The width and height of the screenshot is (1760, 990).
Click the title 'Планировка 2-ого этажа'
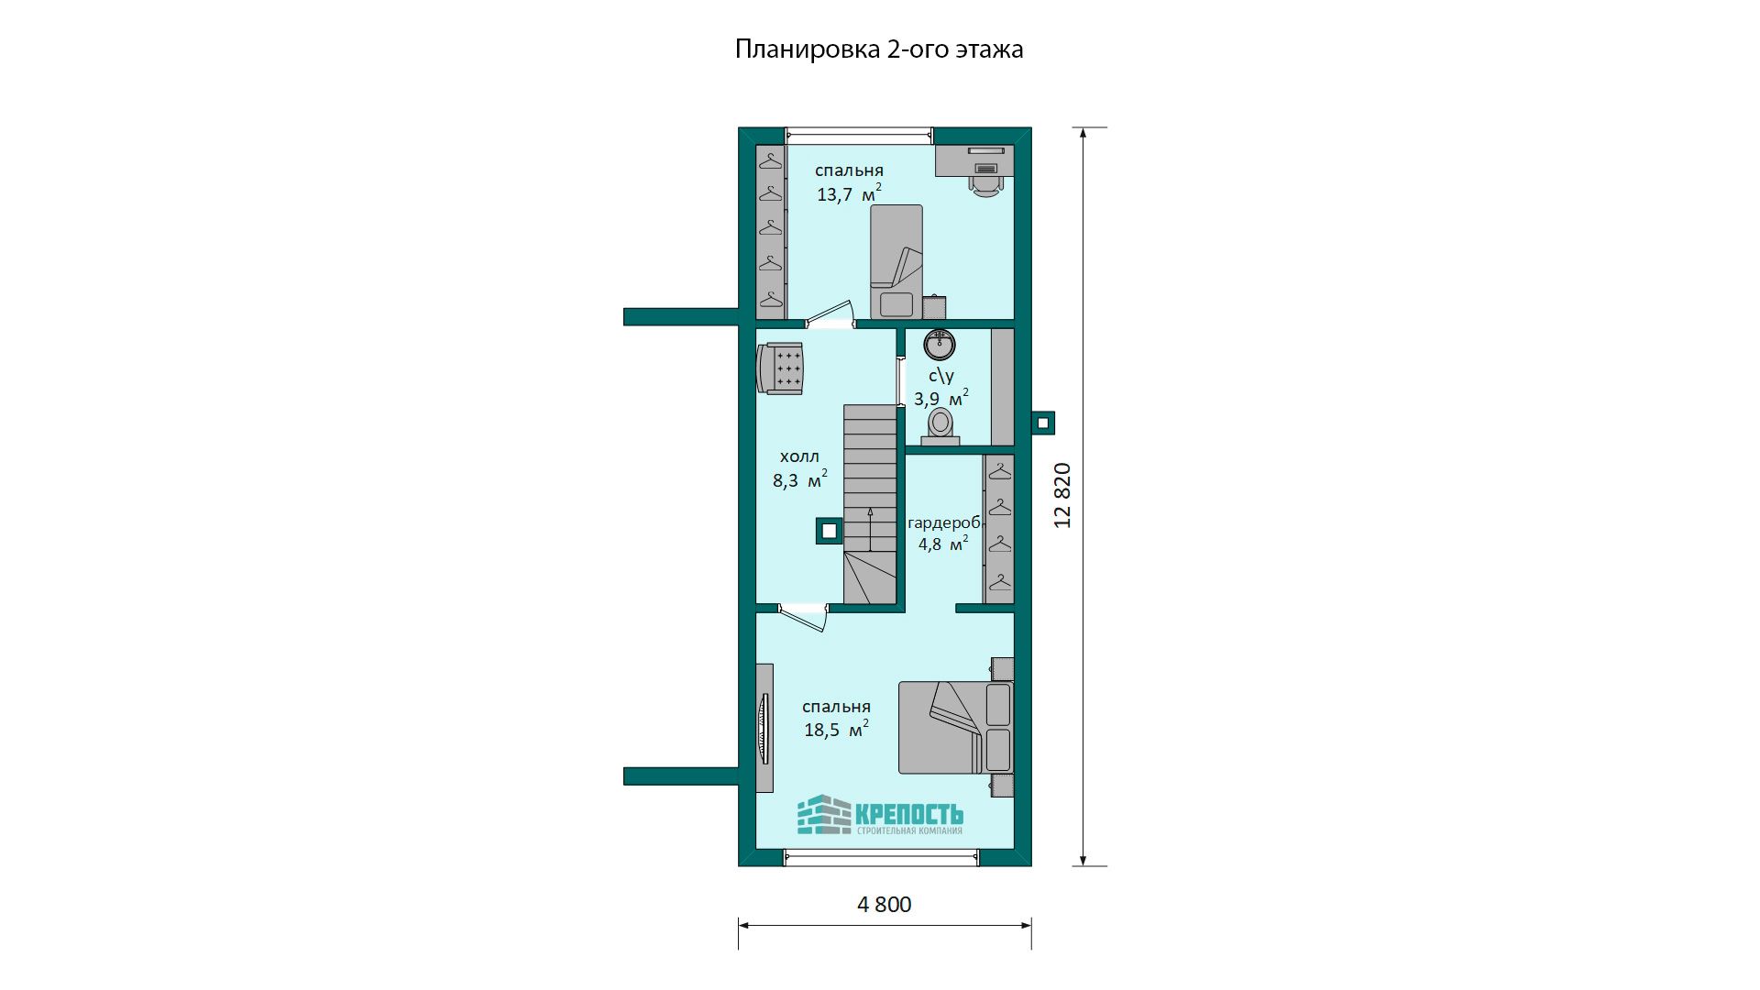[x=879, y=49]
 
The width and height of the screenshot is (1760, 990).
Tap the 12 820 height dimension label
[x=1062, y=495]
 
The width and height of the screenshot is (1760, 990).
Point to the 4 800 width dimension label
[x=885, y=905]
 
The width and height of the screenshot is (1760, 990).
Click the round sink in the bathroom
[x=940, y=345]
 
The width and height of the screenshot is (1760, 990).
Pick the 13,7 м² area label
[x=849, y=192]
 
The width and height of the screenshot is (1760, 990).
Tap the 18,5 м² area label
[x=836, y=729]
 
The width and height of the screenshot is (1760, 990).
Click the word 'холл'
[x=799, y=456]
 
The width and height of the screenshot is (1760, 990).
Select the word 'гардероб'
[x=944, y=523]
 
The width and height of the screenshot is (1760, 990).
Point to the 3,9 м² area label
[x=940, y=398]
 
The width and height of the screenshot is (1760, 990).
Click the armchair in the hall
[x=780, y=368]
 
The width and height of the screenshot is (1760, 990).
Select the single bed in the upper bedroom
[x=896, y=261]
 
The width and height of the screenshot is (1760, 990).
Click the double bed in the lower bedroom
[x=955, y=727]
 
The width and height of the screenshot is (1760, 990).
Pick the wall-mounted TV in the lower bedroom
[x=764, y=728]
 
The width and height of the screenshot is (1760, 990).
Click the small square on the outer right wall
[x=1043, y=423]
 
